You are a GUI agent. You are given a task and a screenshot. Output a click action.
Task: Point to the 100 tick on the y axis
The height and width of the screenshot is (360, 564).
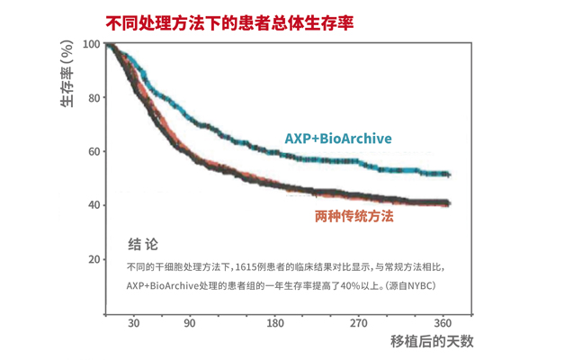click(90, 44)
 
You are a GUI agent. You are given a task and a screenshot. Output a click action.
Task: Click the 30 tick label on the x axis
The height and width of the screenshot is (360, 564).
click(134, 323)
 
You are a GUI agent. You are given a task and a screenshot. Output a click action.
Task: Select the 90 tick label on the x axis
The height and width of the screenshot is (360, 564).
click(189, 323)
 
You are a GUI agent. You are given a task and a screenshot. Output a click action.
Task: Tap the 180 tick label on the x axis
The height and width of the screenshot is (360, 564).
click(274, 323)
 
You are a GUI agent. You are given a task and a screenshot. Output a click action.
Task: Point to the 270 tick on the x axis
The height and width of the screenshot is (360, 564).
click(359, 323)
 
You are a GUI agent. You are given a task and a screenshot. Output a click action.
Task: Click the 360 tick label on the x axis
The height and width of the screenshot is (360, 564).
click(443, 323)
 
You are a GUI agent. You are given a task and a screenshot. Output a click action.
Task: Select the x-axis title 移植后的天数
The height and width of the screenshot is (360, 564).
click(431, 342)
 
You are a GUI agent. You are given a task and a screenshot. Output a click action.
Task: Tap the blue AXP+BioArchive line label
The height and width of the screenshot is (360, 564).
click(338, 139)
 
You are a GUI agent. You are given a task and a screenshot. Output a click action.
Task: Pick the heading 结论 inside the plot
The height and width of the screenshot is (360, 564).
click(143, 243)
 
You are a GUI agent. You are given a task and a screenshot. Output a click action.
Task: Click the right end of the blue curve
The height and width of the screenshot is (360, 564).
click(448, 174)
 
